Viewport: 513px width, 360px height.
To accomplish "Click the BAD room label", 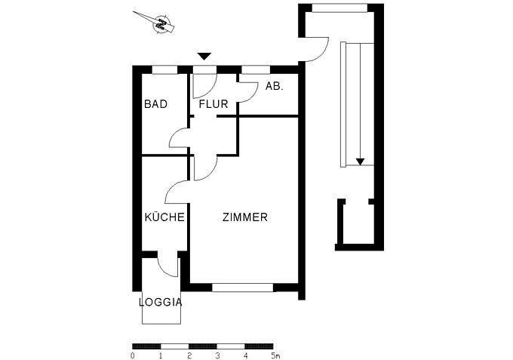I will tap(155, 104).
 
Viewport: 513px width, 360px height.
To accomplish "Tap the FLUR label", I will tap(213, 104).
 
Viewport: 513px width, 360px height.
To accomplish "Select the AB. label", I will tap(274, 87).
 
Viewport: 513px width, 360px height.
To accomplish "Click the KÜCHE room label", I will tap(164, 217).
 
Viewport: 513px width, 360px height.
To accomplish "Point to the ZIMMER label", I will tap(244, 217).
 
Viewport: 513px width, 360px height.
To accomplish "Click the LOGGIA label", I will tap(161, 302).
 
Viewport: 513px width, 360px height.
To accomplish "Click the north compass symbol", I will tap(161, 24).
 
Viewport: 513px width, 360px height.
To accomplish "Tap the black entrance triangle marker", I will tap(204, 57).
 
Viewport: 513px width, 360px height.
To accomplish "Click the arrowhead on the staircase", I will tap(361, 161).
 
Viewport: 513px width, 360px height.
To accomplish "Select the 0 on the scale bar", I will tap(133, 355).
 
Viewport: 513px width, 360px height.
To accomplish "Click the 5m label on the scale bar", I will tap(275, 355).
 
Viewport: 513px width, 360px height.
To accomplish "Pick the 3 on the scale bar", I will tap(218, 355).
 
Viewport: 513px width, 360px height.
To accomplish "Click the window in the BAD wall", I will tap(165, 70).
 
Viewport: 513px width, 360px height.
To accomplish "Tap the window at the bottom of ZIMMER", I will tap(242, 288).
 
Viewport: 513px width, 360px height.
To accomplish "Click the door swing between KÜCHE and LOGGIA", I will tap(167, 266).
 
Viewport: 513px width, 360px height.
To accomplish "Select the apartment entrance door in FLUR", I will tap(204, 85).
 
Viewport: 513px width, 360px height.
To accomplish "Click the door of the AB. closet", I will tap(246, 91).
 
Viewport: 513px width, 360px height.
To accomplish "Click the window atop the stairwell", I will tap(340, 8).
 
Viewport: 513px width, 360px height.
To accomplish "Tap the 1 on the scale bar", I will tap(161, 355).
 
